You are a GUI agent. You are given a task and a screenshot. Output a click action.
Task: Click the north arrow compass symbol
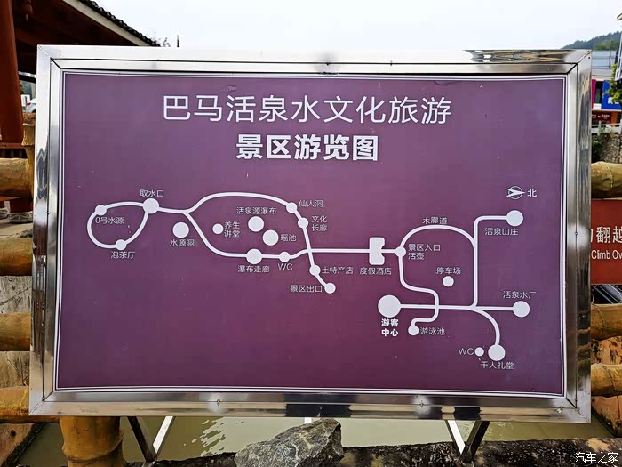514,192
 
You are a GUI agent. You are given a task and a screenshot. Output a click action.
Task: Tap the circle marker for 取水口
151,206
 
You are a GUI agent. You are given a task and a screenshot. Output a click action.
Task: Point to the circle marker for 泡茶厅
121,245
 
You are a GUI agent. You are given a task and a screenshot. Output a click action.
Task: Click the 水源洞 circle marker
181,229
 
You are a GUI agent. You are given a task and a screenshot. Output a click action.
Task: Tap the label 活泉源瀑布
256,211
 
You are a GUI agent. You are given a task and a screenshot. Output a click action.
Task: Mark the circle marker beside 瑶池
271,238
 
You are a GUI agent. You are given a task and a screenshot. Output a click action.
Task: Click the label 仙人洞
311,204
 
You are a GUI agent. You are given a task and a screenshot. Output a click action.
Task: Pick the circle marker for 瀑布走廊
254,256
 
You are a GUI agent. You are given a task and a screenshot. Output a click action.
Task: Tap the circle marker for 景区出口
330,288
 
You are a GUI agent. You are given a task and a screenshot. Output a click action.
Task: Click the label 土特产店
337,270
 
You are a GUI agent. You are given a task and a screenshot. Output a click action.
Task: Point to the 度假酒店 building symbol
377,251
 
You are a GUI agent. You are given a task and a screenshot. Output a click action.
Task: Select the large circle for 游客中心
389,306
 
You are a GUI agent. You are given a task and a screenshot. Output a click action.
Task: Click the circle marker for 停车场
448,281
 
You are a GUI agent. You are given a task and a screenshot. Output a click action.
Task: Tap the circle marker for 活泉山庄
514,218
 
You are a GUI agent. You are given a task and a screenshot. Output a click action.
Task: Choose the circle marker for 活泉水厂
521,309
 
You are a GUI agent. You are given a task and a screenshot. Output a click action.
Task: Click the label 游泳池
433,331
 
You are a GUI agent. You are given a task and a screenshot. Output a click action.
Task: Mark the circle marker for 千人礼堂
496,352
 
